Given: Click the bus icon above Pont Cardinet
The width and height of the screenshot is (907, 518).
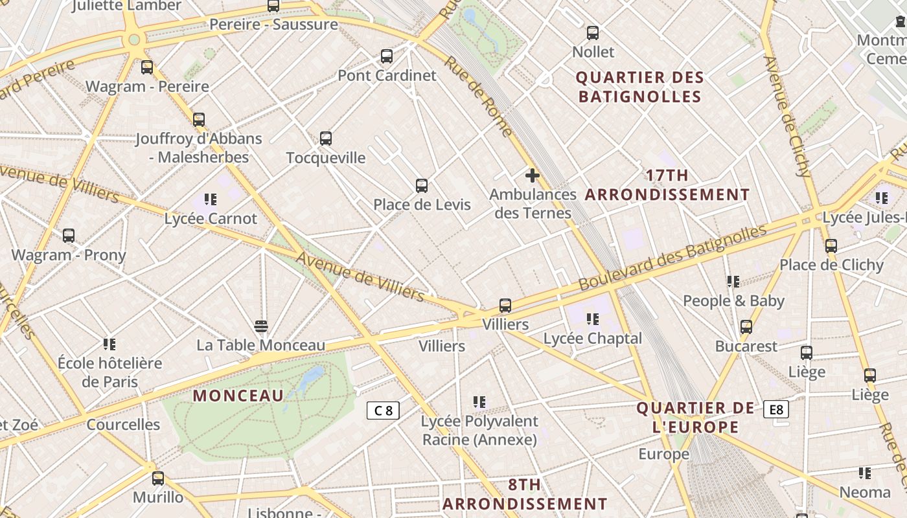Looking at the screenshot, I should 387,56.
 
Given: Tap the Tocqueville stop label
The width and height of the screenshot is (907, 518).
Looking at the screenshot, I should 326,158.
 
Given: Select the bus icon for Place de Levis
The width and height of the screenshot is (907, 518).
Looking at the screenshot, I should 422,186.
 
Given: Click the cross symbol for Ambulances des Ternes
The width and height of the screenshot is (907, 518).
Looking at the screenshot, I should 533,175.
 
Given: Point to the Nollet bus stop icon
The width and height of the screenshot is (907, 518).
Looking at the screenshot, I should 593,33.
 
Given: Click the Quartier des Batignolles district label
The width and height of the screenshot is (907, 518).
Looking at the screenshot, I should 640,87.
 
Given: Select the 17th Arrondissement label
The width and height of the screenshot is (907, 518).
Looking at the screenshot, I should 667,185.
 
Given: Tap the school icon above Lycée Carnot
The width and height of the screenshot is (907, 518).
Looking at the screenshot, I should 211,199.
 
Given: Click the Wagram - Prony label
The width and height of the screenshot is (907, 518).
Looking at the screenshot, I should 69,255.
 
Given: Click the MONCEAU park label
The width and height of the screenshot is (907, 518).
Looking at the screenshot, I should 238,396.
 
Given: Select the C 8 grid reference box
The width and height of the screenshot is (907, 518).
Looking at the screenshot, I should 383,410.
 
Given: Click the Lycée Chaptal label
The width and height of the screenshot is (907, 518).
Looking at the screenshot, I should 593,339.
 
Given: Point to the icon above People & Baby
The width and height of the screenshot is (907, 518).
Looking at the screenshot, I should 733,282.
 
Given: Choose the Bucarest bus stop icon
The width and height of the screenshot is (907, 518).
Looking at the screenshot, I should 746,327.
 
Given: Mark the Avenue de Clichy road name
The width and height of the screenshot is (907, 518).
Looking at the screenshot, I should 787,117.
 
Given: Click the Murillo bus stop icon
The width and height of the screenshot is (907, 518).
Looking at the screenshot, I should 158,479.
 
